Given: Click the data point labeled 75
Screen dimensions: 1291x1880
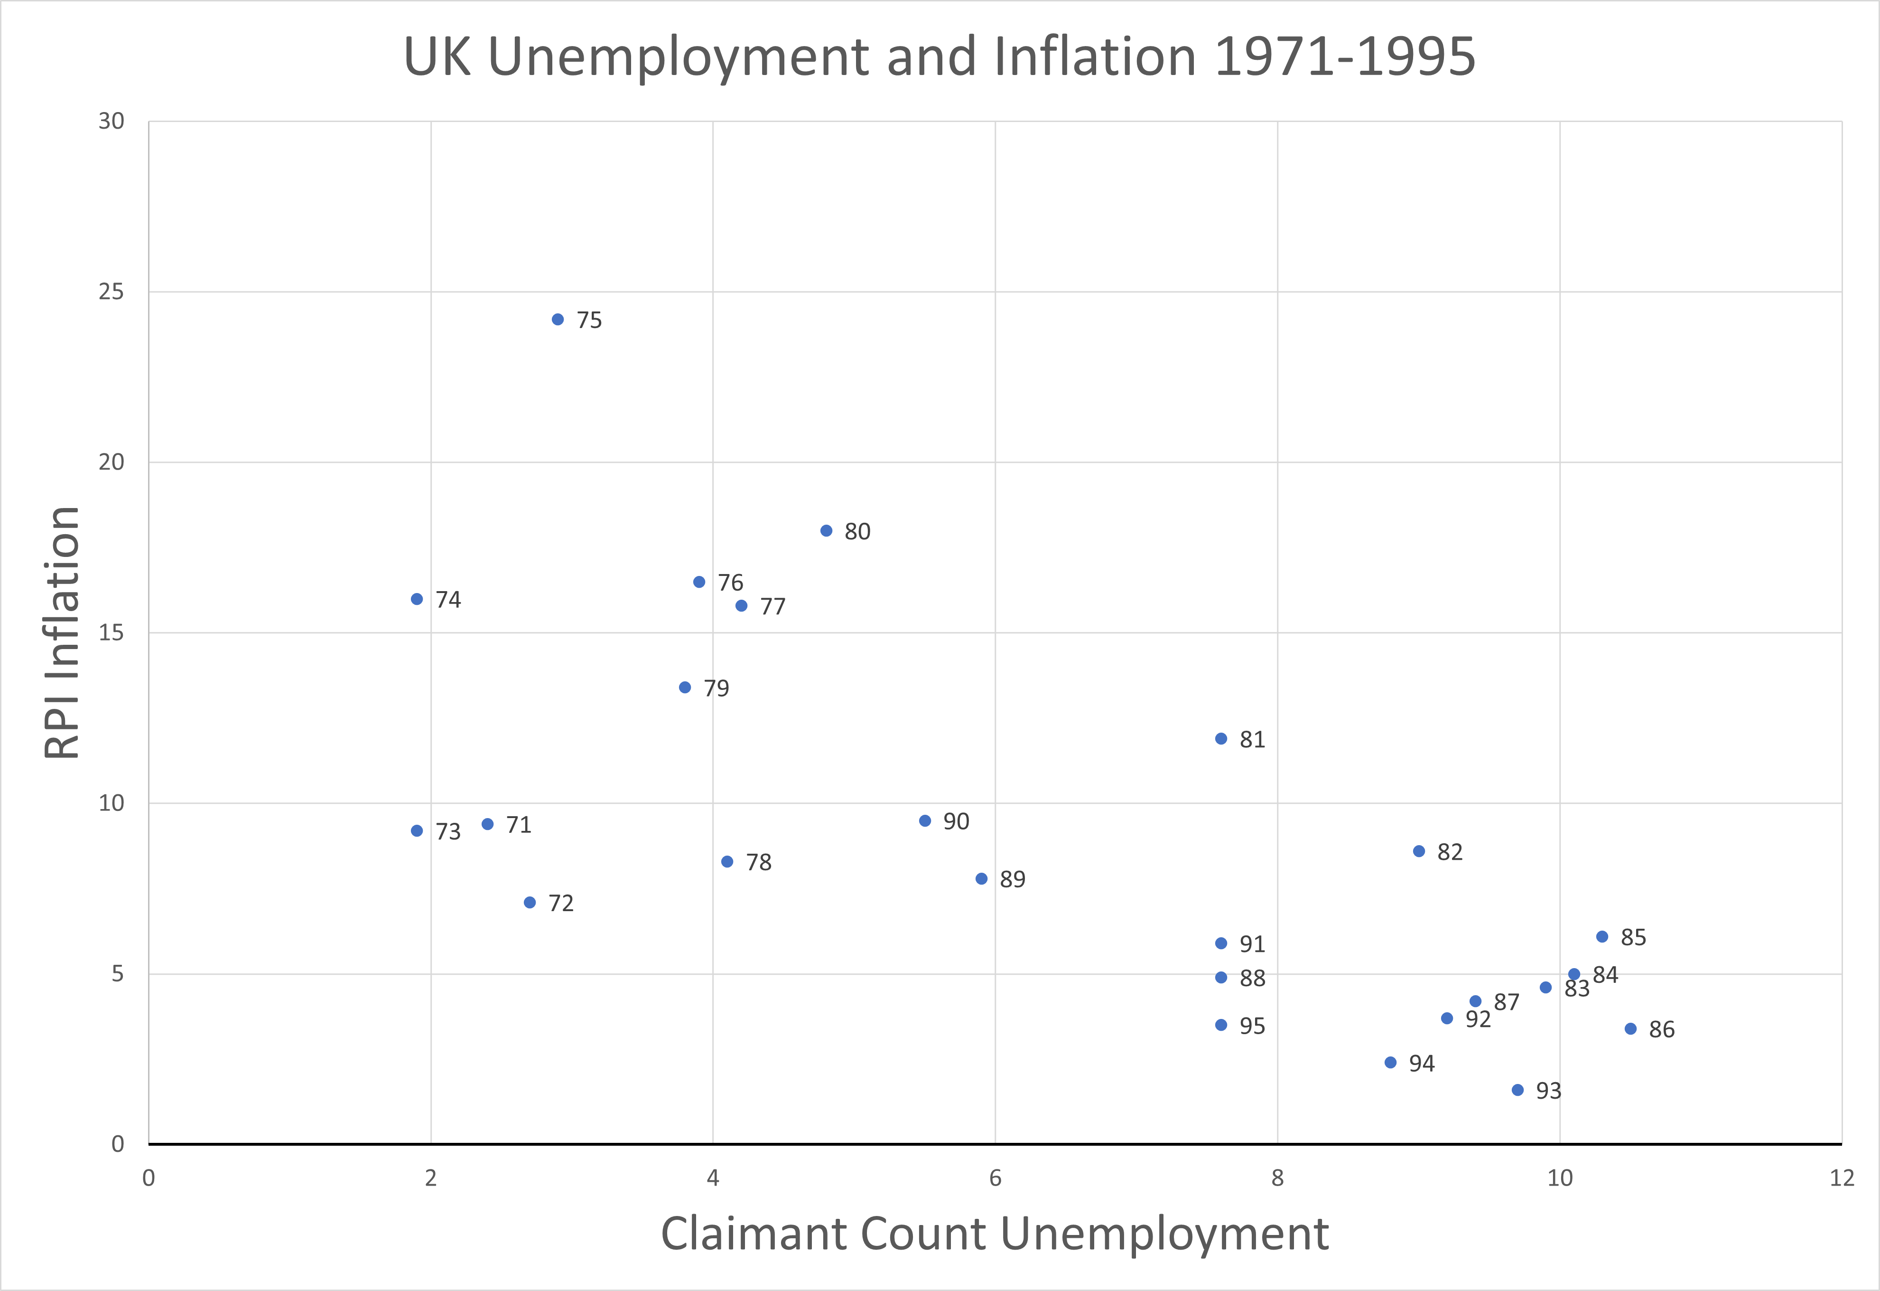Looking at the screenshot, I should (558, 320).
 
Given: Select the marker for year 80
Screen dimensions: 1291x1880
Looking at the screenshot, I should (826, 531).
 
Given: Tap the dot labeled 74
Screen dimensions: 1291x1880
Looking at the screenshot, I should (417, 599).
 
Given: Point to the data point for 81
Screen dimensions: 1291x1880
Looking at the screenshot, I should (1221, 739).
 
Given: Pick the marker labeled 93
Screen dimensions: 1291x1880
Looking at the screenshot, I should (1517, 1090).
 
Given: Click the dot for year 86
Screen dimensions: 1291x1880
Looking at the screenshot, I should (1630, 1029).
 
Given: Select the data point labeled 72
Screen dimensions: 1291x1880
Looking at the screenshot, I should (530, 903).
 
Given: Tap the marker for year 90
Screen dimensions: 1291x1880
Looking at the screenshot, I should (925, 821).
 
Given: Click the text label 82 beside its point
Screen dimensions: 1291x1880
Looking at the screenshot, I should (1450, 852).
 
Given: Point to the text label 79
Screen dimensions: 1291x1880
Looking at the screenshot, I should (716, 688).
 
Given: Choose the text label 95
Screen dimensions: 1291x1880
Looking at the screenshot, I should (1252, 1027).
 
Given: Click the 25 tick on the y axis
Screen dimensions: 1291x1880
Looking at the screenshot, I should (112, 292).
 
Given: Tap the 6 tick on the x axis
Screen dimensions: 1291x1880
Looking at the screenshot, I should (995, 1178).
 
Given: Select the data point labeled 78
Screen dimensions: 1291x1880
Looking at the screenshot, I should (727, 862).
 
